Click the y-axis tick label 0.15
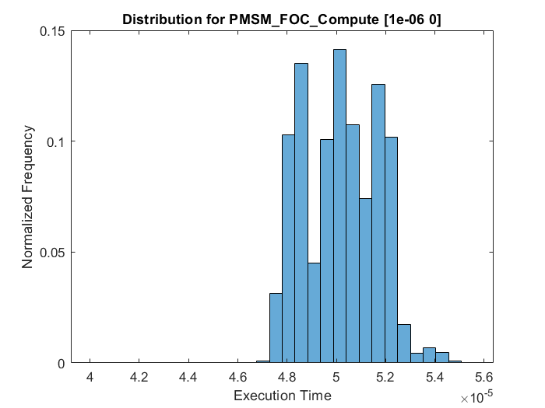[x=53, y=32]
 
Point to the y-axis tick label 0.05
[x=53, y=253]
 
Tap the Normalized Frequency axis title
[x=28, y=197]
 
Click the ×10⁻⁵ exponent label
[x=476, y=398]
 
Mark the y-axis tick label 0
[x=62, y=363]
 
